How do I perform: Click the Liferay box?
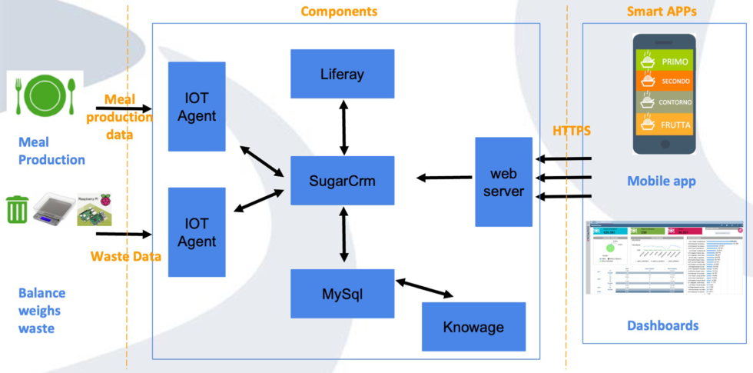342,75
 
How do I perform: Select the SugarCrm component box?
341,181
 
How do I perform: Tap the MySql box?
342,293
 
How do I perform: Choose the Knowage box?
473,327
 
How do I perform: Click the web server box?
503,182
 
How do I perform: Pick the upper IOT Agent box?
197,106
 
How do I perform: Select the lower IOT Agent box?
197,231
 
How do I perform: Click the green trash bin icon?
18,210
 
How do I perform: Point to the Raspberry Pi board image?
98,208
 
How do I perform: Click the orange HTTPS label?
572,132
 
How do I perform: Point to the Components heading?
339,12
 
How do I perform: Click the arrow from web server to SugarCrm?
444,178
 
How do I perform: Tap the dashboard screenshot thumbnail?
664,258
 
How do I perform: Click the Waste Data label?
125,256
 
